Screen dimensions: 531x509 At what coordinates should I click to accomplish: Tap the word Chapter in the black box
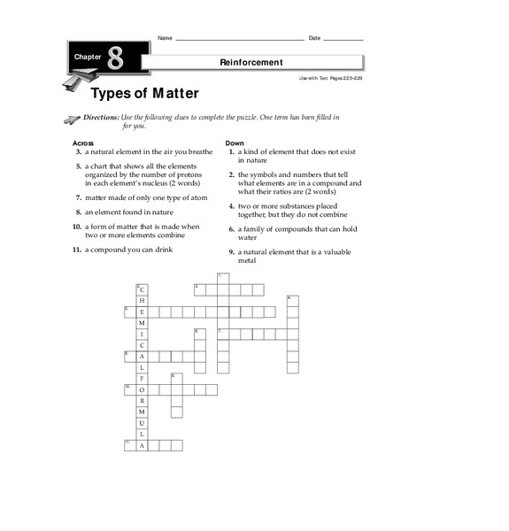[x=88, y=57]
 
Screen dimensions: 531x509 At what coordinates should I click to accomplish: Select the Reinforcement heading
[x=251, y=62]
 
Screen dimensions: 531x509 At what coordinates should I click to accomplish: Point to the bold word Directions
[x=99, y=117]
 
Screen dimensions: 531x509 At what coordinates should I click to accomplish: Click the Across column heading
[x=82, y=142]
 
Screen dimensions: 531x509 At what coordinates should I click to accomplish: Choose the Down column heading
[x=235, y=142]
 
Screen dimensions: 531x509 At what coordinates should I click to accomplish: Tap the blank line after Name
[x=239, y=39]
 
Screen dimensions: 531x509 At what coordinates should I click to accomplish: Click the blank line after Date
[x=343, y=39]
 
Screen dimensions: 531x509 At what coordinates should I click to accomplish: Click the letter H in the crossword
[x=142, y=301]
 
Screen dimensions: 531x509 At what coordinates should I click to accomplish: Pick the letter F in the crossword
[x=142, y=378]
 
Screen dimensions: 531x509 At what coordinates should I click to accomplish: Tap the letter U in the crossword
[x=142, y=423]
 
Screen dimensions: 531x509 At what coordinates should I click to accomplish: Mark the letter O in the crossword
[x=142, y=389]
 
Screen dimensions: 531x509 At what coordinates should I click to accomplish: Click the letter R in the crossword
[x=142, y=401]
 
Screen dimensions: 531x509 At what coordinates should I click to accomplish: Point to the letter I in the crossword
[x=142, y=335]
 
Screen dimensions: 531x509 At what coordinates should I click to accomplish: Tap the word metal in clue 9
[x=246, y=261]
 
